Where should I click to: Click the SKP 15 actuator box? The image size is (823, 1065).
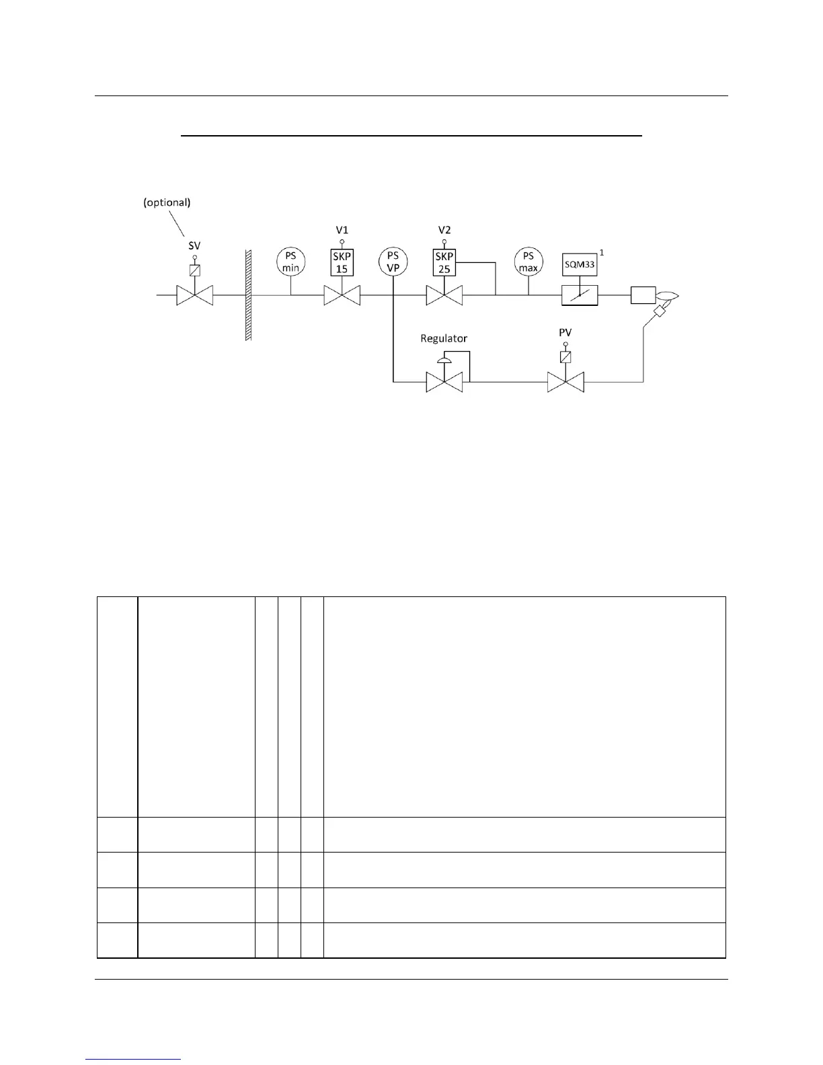pos(342,262)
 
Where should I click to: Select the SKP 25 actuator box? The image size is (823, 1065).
pos(444,262)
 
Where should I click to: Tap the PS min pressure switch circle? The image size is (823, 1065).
pos(291,262)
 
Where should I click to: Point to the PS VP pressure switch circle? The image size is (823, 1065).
pos(393,262)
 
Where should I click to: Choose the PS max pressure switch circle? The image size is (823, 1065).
pos(528,262)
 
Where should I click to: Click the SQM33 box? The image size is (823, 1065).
pos(580,265)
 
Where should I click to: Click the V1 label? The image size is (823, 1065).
pos(342,231)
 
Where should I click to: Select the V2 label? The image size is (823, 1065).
pos(444,231)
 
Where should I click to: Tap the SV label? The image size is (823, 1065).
pos(194,246)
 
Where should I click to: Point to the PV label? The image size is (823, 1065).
pos(565,333)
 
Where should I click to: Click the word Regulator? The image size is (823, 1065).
pos(444,338)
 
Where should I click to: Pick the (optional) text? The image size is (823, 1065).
pos(167,202)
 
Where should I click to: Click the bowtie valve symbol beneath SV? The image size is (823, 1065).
pos(194,295)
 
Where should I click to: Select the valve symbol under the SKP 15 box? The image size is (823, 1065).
pos(342,295)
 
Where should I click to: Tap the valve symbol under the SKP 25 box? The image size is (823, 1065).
pos(444,295)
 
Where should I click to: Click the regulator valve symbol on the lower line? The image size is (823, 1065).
pos(444,383)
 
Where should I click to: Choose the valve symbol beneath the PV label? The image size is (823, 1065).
pos(565,383)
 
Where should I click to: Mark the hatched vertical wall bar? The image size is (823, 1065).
pos(248,295)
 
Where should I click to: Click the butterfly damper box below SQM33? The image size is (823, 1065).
pos(580,295)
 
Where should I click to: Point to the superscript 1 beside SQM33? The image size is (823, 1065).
pos(601,252)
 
